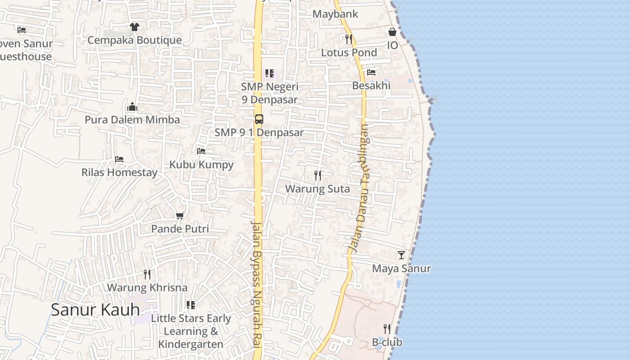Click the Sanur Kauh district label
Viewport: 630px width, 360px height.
(95, 310)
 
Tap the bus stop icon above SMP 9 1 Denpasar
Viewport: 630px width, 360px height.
(259, 119)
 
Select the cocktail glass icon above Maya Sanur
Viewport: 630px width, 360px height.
(401, 255)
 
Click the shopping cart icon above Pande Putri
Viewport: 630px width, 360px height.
(180, 216)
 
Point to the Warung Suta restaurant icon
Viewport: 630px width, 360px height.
(318, 175)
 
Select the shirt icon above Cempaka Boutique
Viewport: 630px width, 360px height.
(134, 27)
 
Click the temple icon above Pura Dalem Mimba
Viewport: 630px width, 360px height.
(132, 107)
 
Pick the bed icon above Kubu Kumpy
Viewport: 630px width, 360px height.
(201, 151)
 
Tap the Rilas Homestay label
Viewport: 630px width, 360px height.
(119, 172)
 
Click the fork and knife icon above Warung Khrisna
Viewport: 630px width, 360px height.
(147, 274)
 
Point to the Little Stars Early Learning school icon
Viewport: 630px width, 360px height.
(191, 305)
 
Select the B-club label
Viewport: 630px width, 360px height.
(387, 342)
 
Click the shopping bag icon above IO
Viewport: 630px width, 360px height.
(392, 32)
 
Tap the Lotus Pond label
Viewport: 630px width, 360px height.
(349, 53)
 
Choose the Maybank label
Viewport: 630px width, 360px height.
(335, 14)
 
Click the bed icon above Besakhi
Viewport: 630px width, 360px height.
(371, 72)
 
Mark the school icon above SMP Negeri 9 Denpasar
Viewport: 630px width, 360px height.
(269, 73)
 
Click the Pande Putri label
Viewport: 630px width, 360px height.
(180, 229)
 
